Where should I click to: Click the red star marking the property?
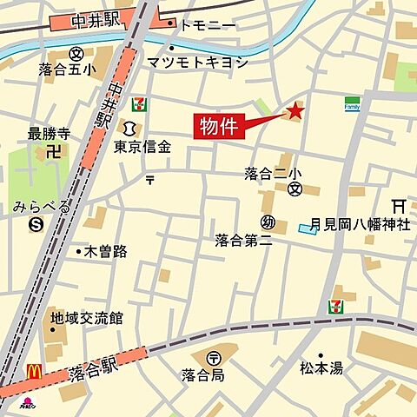pos(295,111)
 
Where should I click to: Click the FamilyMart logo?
pos(352,103)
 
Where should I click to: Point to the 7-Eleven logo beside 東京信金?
pos(139,105)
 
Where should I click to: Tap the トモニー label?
pos(205,26)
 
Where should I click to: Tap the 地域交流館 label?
pos(86,317)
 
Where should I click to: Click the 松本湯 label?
pos(321,367)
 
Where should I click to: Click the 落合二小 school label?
pos(272,174)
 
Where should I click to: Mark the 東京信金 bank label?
pos(142,147)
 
